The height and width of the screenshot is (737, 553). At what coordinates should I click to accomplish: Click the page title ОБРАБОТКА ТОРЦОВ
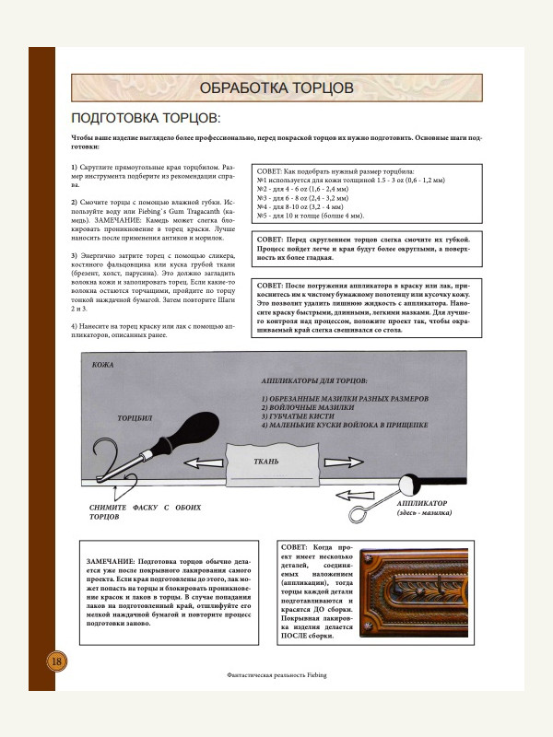point(276,88)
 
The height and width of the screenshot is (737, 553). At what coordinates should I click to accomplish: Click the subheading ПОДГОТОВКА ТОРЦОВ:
point(146,119)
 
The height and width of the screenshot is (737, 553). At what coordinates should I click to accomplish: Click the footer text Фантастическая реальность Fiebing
point(276,674)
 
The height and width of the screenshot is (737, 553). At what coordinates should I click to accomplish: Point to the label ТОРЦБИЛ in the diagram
point(135,418)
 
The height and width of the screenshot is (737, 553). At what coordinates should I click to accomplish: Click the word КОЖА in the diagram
point(103,366)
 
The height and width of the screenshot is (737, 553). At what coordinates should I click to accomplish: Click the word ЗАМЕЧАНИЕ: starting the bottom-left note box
point(109,560)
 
